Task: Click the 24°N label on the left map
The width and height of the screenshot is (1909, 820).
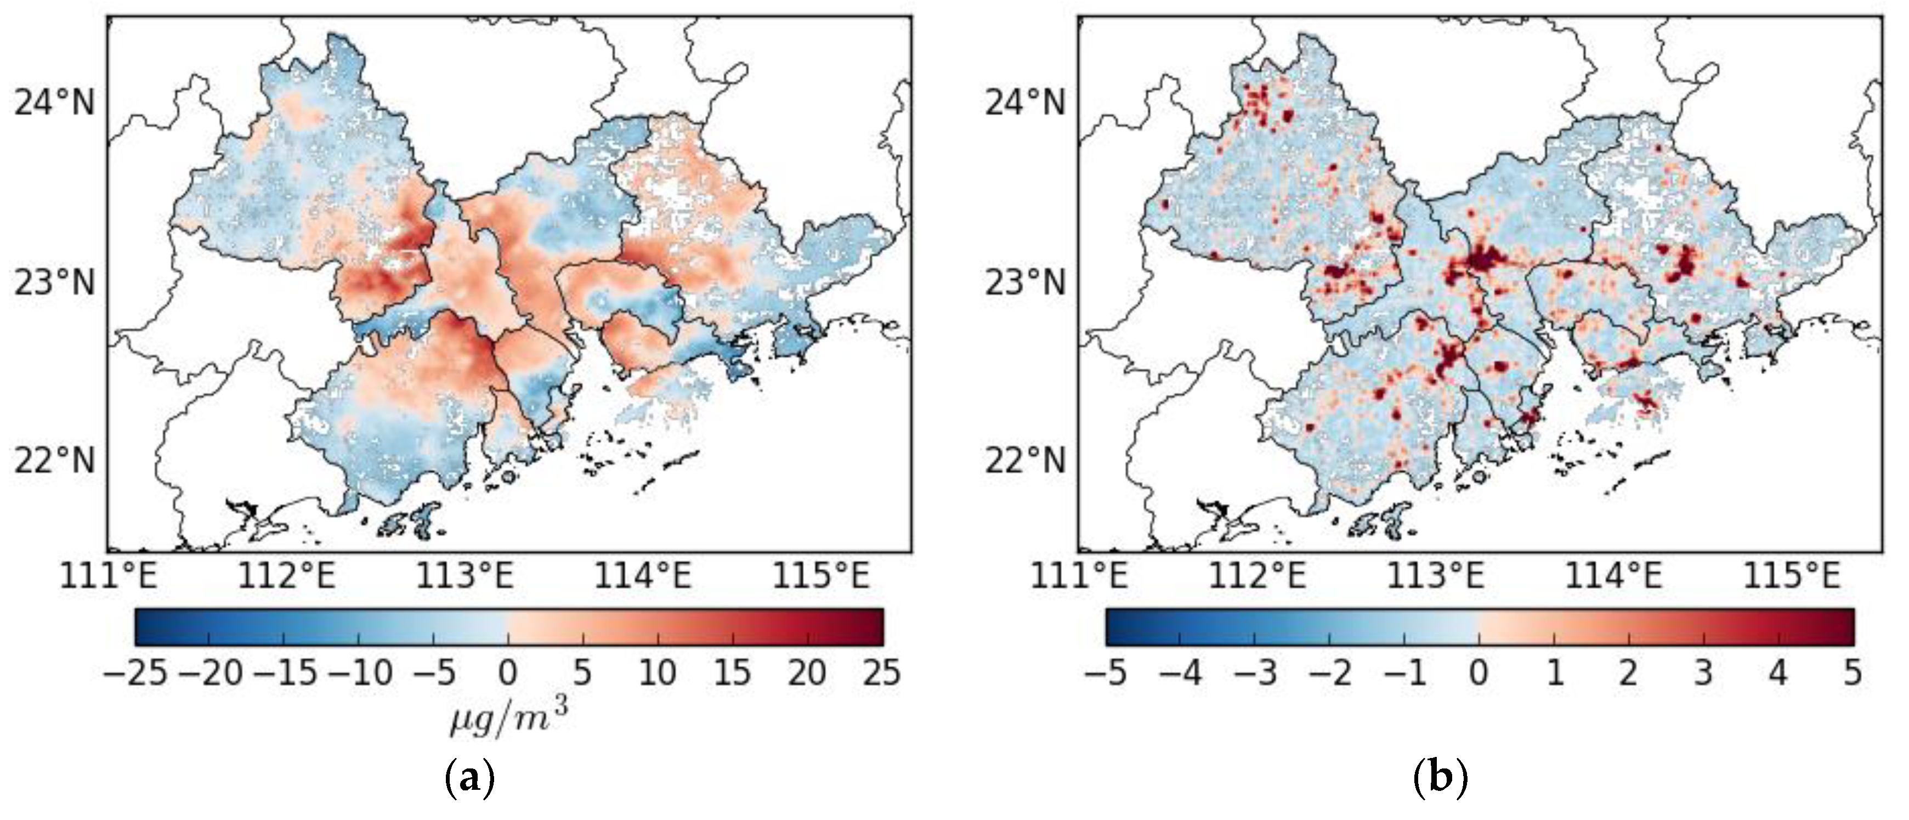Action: tap(55, 103)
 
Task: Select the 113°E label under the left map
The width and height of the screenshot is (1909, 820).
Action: tap(464, 576)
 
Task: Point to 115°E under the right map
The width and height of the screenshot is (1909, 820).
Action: tap(1792, 576)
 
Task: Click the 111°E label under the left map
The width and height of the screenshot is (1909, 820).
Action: tap(108, 576)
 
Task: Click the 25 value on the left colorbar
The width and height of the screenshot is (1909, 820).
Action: tap(882, 673)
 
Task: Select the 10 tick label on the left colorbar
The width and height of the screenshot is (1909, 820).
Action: tap(658, 673)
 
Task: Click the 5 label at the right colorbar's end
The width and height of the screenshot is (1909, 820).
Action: tap(1853, 673)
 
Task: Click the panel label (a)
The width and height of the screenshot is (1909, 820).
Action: tap(469, 780)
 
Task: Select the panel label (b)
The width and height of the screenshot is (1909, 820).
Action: tap(1441, 780)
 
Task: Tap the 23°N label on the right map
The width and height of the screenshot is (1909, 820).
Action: tap(1025, 282)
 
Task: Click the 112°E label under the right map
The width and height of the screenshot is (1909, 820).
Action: tap(1257, 576)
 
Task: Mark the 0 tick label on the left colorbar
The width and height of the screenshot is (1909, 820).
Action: tap(508, 673)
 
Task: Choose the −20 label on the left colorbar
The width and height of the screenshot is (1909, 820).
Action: tap(211, 673)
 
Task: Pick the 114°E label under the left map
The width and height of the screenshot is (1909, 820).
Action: tap(643, 576)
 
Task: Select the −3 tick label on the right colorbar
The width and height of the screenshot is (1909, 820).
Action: tap(1256, 673)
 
